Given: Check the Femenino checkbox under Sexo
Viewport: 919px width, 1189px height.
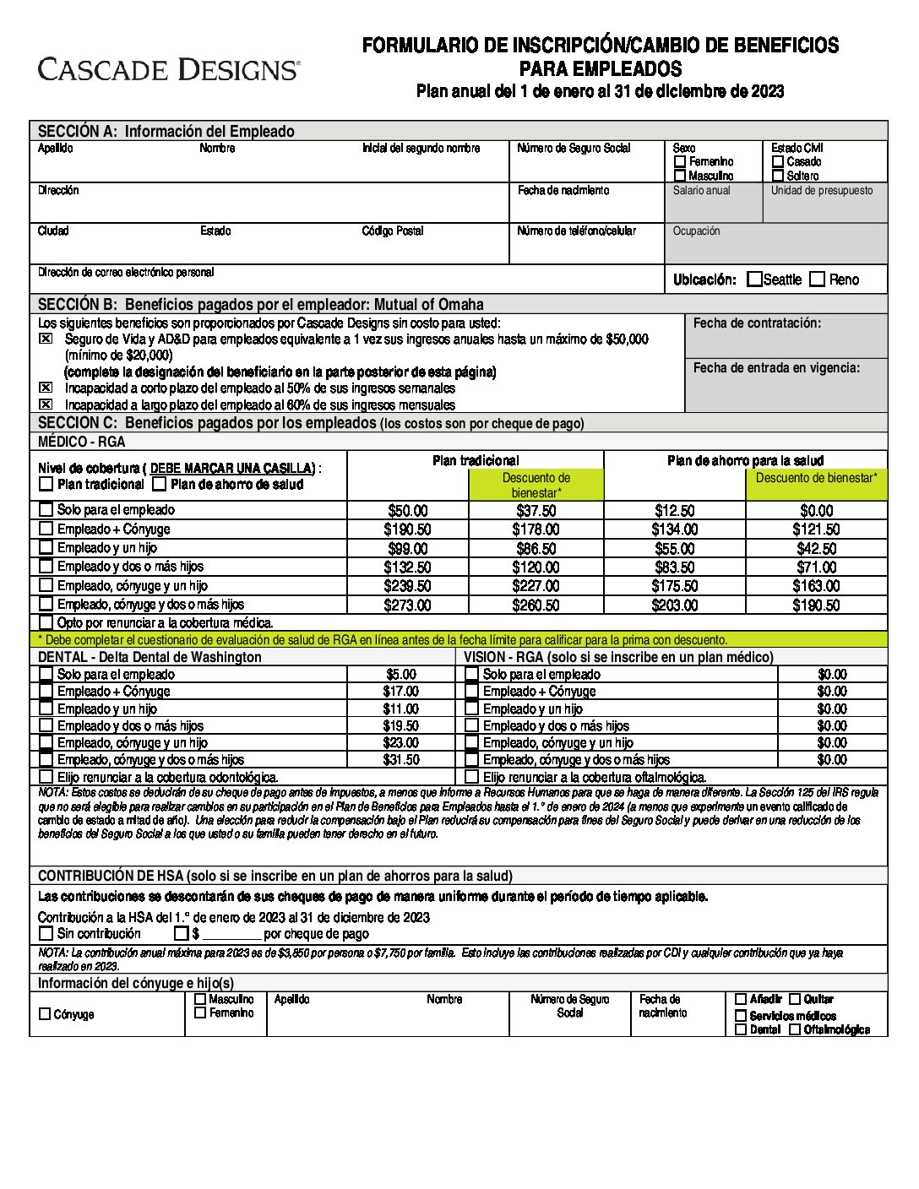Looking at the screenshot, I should [x=680, y=161].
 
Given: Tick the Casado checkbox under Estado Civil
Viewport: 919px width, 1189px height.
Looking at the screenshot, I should [x=778, y=161].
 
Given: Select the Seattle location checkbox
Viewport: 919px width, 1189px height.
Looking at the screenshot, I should [x=754, y=280].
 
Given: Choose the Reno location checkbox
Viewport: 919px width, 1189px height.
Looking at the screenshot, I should [x=817, y=280].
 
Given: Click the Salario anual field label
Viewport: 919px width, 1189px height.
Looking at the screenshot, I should [x=701, y=191].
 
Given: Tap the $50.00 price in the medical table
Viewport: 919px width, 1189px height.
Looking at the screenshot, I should [x=407, y=511].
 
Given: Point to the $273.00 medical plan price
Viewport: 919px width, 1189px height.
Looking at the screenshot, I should [x=407, y=605].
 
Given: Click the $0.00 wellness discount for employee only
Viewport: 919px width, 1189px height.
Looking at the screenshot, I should [x=816, y=511].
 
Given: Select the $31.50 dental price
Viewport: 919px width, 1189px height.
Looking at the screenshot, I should [x=401, y=760].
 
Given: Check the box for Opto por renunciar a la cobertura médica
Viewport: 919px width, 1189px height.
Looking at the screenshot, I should [x=46, y=623].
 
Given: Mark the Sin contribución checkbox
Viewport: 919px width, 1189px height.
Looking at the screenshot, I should [x=46, y=934].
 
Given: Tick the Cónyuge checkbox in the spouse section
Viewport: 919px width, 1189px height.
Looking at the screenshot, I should [x=46, y=1014].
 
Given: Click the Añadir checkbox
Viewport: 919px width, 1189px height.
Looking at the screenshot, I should [x=741, y=999].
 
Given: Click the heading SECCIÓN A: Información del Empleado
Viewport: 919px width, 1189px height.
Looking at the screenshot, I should [x=166, y=131].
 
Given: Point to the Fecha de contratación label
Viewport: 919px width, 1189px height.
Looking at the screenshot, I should [x=757, y=323].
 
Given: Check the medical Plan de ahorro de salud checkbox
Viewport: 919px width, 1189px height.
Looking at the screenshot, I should [x=160, y=485].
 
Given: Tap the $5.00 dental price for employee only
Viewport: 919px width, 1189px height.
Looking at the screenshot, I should [x=401, y=675].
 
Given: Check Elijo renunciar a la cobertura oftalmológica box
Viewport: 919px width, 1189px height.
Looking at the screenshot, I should [x=472, y=777].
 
